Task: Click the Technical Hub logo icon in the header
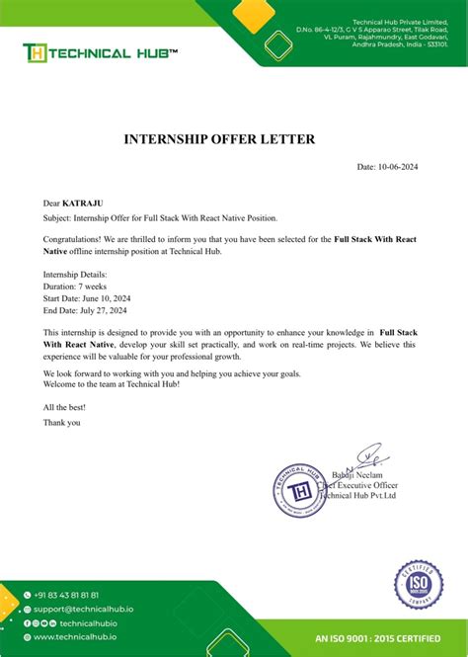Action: [36, 53]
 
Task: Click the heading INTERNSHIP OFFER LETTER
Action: [219, 139]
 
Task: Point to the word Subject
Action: [59, 217]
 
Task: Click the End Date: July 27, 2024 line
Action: [85, 310]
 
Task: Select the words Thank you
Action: [62, 422]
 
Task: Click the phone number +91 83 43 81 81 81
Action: [65, 595]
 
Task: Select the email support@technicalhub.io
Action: [82, 610]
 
